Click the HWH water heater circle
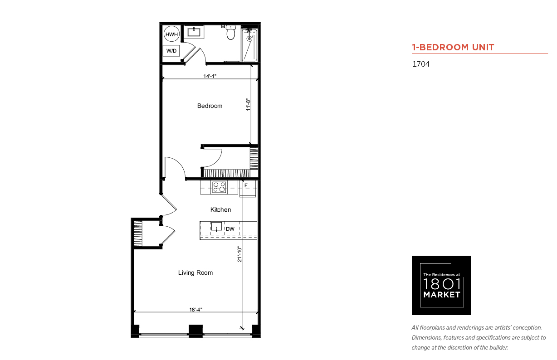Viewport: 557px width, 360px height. (171, 34)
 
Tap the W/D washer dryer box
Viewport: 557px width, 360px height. (171, 51)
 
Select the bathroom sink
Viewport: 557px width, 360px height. (194, 32)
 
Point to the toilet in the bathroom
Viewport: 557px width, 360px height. (231, 33)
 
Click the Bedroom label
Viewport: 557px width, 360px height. (210, 106)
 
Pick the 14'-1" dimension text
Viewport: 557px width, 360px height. (210, 76)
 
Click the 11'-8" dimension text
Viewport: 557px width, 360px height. (248, 105)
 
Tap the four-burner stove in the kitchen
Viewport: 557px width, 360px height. (219, 187)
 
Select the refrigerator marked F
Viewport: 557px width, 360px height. (248, 189)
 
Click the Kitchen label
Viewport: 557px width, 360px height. (220, 209)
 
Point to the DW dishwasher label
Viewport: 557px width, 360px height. (230, 229)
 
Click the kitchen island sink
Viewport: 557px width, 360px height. (216, 227)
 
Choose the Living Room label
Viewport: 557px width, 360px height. (195, 273)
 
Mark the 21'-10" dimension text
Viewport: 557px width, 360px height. (239, 254)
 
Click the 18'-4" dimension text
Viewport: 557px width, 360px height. (195, 310)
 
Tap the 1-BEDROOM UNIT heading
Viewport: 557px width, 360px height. (453, 47)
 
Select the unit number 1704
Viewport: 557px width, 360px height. (421, 64)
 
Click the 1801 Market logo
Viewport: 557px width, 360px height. (441, 285)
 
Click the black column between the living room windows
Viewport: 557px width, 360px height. (195, 331)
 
